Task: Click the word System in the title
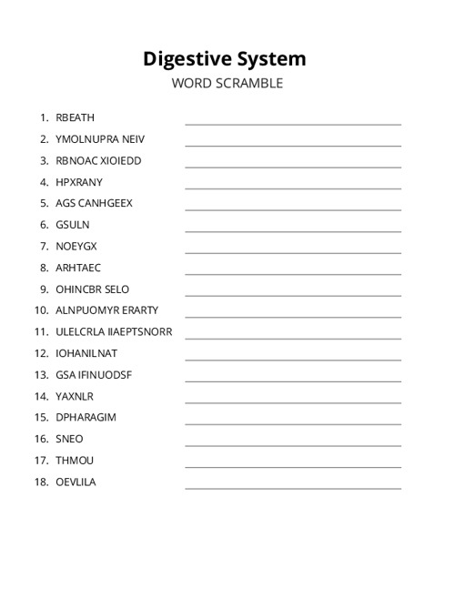click(x=268, y=59)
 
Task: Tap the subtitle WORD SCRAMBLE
click(x=227, y=84)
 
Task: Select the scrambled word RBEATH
click(x=75, y=117)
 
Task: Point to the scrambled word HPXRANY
click(x=79, y=182)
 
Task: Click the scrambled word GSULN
click(x=73, y=225)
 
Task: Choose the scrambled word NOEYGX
click(x=76, y=246)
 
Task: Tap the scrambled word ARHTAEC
click(x=78, y=268)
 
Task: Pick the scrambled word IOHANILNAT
click(x=86, y=353)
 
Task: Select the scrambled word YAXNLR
click(x=75, y=396)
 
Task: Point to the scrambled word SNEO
click(x=69, y=439)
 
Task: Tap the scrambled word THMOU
click(x=75, y=461)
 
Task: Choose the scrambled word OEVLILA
click(x=76, y=482)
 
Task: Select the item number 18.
click(x=41, y=482)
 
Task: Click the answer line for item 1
click(x=293, y=123)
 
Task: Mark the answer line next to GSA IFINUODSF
click(x=293, y=381)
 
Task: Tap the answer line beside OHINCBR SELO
click(x=293, y=295)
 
